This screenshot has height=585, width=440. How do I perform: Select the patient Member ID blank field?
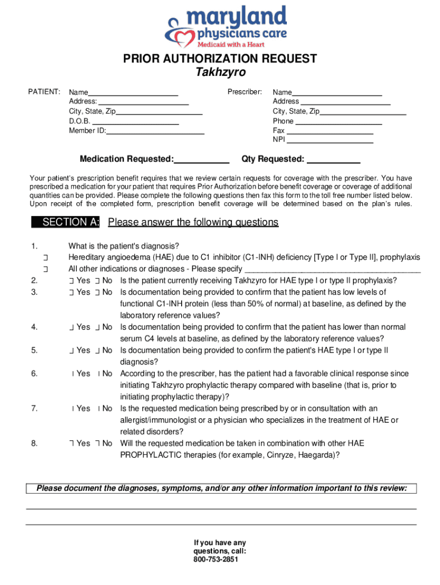155,131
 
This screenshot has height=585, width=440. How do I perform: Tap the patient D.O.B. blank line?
135,121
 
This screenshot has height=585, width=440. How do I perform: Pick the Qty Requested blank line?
333,159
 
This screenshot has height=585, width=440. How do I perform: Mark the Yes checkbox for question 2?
71,281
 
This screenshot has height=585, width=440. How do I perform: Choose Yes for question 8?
71,443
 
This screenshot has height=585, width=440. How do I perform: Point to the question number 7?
34,408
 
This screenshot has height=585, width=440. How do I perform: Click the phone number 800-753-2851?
220,560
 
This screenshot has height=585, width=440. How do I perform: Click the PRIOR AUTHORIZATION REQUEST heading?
220,59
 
